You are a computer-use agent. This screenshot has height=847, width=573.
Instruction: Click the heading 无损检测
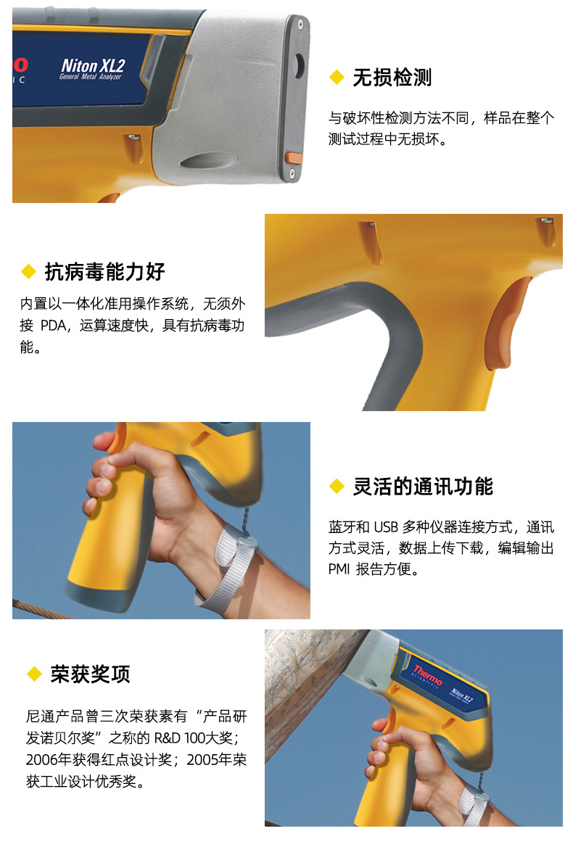pos(392,78)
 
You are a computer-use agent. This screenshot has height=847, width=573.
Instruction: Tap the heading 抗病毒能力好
pos(104,271)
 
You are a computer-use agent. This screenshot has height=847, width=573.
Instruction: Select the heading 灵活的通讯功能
pos(423,486)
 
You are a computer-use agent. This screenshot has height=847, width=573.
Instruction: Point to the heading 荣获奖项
pos(90,674)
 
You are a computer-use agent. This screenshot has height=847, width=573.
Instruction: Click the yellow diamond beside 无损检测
pos(337,78)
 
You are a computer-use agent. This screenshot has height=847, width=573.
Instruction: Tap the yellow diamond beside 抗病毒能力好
pos(28,271)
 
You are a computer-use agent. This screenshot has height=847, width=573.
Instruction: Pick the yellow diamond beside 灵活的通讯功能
pos(337,486)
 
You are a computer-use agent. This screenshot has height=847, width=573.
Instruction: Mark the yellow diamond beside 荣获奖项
pos(34,674)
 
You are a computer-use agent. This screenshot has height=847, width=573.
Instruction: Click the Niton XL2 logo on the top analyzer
pos(93,68)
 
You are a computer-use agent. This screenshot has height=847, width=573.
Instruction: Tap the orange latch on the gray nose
pos(294,158)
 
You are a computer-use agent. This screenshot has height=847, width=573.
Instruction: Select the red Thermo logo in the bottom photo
pos(428,674)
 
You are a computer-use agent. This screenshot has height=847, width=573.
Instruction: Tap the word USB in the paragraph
pos(386,526)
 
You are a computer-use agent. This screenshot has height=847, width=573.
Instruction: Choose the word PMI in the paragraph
pos(339,569)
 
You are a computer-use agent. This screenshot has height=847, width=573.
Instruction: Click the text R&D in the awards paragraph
pos(168,738)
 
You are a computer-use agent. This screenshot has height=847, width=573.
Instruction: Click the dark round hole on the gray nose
pos(299,66)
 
